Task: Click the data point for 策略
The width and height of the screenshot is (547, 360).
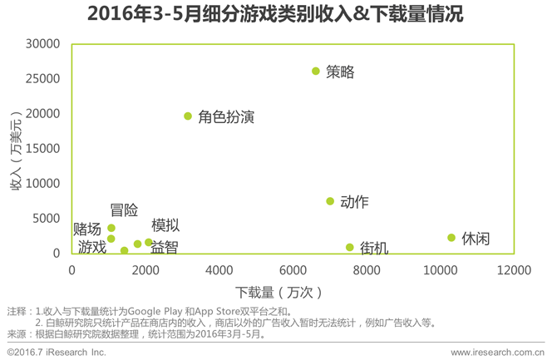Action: pos(316,72)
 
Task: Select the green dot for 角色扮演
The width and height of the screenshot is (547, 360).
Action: pos(188,116)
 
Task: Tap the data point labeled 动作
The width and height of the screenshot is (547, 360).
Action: pos(330,201)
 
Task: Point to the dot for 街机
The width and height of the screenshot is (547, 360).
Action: pos(350,247)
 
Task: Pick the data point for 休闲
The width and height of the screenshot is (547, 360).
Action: pos(451,238)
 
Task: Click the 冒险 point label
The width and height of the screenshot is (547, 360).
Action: pos(124,211)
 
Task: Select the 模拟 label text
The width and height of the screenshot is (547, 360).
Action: pos(165,226)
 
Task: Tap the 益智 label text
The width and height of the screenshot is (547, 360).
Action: pos(164,247)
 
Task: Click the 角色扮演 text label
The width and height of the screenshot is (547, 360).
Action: pos(225,117)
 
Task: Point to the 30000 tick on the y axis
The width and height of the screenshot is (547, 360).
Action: pos(43,43)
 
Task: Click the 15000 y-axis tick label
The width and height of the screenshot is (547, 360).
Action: pos(43,148)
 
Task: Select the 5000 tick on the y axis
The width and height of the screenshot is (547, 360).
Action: pos(47,218)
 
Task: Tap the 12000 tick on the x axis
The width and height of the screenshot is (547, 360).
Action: pos(515,269)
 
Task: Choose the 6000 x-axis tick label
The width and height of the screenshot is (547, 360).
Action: pos(293,269)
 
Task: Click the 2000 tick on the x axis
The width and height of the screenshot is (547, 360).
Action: pos(145,269)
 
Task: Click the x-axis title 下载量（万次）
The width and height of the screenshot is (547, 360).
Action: pos(278,292)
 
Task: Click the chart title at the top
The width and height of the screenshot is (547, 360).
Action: pos(273,14)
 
